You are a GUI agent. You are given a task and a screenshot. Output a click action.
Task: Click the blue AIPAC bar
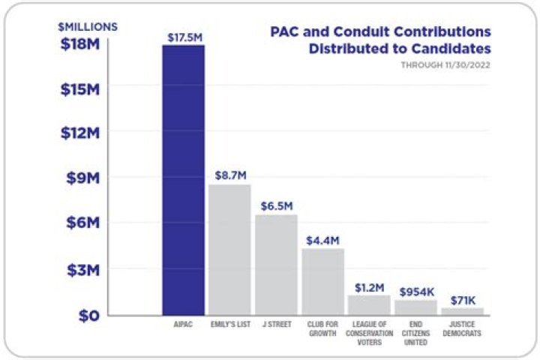[184, 180]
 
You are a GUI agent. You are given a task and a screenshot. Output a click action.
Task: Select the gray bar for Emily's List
[229, 249]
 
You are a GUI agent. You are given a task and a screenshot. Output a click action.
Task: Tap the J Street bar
[276, 264]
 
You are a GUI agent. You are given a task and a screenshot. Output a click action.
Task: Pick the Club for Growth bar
[322, 281]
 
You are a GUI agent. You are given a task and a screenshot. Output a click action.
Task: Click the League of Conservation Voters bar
[369, 304]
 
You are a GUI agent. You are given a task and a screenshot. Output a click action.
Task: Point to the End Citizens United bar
[415, 307]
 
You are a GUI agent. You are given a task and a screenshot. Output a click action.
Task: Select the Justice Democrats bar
[462, 310]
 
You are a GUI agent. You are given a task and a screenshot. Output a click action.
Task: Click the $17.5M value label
[184, 36]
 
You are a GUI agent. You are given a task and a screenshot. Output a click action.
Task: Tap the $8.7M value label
[229, 175]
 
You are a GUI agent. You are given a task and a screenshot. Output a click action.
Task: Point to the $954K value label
[415, 291]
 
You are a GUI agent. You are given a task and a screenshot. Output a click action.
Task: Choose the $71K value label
[463, 299]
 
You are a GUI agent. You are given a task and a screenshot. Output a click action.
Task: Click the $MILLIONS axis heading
[88, 26]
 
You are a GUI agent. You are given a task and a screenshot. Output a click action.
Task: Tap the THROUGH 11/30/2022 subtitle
[451, 64]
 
